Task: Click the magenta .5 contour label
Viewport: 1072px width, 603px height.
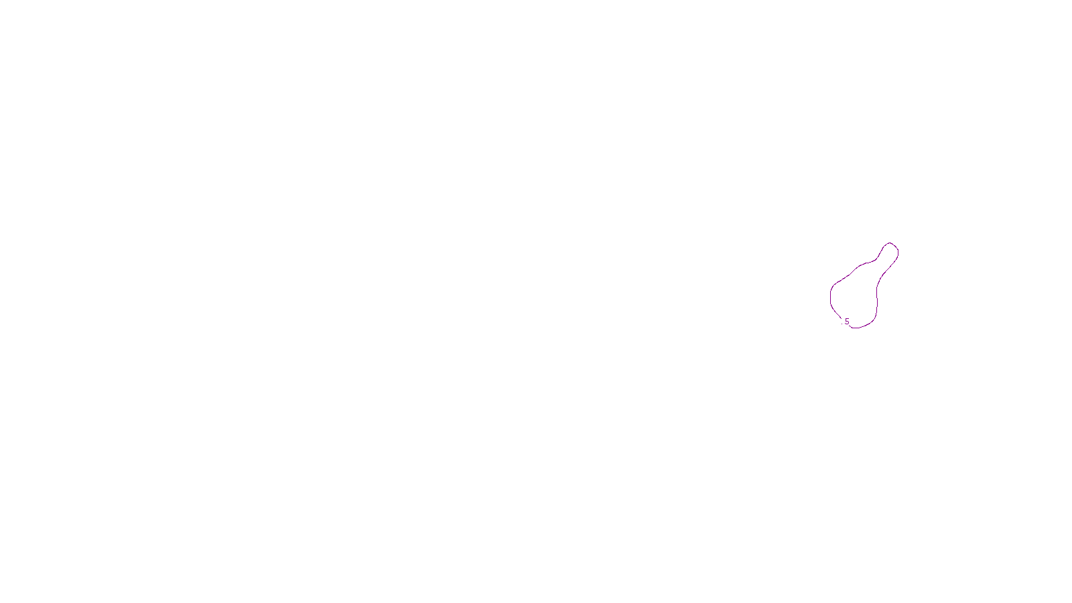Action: [x=846, y=322]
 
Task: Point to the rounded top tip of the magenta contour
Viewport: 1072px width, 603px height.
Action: [x=890, y=243]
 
